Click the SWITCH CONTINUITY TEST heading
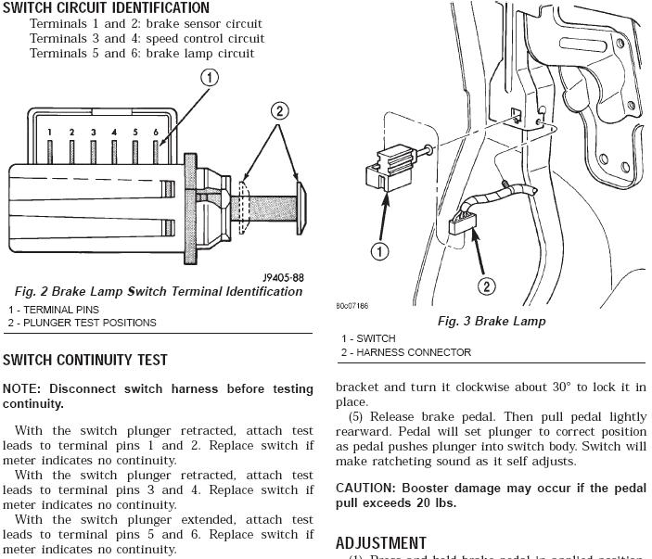pos(85,360)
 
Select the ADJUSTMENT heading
pos(380,542)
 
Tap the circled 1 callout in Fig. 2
pos(211,78)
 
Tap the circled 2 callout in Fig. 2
pos(278,112)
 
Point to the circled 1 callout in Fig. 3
pos(379,250)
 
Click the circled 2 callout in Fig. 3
pos(486,286)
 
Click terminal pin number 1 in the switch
pos(51,133)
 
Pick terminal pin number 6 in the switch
pos(156,133)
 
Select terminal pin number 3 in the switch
pos(93,133)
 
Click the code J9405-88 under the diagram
pos(283,277)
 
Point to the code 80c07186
pos(352,305)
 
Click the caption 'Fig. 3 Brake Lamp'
pos(492,321)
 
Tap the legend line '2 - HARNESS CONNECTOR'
pos(405,352)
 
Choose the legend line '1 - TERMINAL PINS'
pos(53,310)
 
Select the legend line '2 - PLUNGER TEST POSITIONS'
pos(83,323)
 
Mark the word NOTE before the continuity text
pos(22,388)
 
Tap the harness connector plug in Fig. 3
pos(461,224)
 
